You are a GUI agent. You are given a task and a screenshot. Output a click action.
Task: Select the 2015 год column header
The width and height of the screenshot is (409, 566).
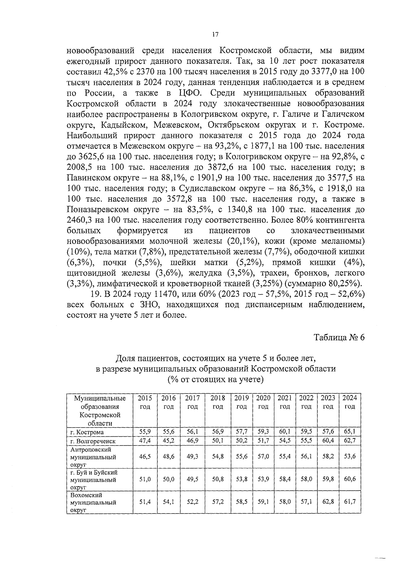click(x=145, y=402)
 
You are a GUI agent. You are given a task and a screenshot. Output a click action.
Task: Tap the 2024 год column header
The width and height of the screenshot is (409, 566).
click(x=350, y=402)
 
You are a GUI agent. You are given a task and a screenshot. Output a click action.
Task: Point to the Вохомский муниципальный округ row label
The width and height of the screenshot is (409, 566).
click(x=93, y=503)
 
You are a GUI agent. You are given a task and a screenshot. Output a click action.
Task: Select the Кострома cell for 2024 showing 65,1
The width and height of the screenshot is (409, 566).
click(x=350, y=432)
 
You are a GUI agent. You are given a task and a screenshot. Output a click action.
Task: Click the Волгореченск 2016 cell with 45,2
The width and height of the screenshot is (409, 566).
click(x=169, y=440)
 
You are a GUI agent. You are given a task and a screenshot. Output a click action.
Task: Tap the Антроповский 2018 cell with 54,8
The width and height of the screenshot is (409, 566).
click(x=218, y=456)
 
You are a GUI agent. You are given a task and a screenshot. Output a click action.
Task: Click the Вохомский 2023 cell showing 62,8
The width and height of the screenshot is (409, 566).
click(x=328, y=502)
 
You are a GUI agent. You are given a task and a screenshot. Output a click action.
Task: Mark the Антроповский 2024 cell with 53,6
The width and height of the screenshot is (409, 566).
click(x=350, y=456)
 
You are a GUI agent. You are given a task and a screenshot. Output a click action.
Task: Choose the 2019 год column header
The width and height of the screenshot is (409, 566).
click(x=242, y=402)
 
